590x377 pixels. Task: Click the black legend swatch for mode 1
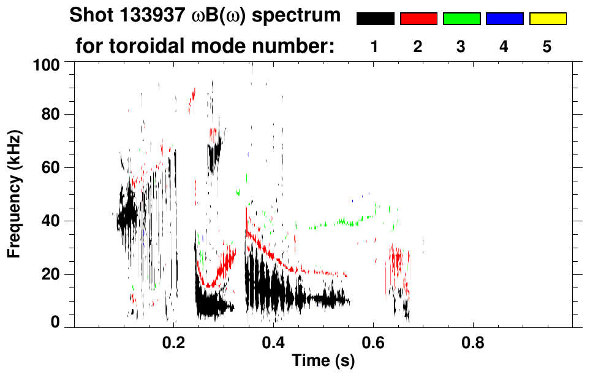pos(375,19)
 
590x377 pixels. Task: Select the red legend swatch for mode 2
pos(418,19)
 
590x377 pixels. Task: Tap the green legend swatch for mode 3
pos(461,19)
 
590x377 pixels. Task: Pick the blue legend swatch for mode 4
pos(504,19)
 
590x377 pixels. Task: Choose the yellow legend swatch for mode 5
pos(548,19)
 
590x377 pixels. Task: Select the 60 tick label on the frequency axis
pos(51,167)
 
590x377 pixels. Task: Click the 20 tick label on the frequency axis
pos(51,273)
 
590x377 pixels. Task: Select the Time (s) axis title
pos(322,362)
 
